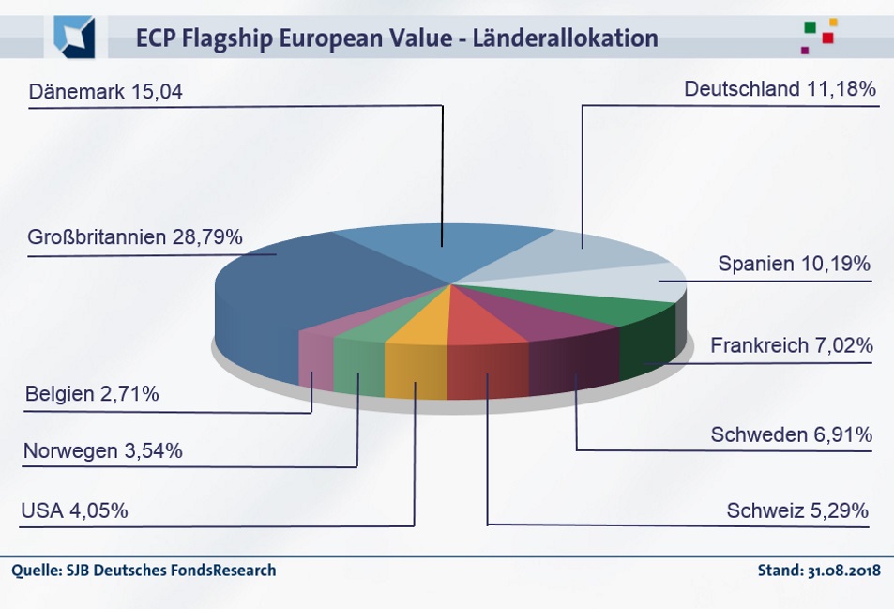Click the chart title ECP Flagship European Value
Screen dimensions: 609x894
pyautogui.click(x=397, y=38)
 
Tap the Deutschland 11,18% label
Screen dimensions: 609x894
pyautogui.click(x=780, y=89)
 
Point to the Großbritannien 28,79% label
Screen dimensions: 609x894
pyautogui.click(x=136, y=237)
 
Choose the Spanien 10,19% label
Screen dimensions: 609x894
pyautogui.click(x=794, y=264)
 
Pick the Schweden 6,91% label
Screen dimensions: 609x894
pyautogui.click(x=792, y=434)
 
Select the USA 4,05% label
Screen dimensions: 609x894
pyautogui.click(x=74, y=511)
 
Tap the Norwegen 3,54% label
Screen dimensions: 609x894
pyautogui.click(x=103, y=451)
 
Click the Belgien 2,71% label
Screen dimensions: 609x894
pyautogui.click(x=92, y=393)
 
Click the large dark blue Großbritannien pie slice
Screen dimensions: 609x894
pyautogui.click(x=300, y=282)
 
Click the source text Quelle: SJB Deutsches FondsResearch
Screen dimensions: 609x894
pyautogui.click(x=144, y=571)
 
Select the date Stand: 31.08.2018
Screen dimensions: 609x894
pyautogui.click(x=818, y=571)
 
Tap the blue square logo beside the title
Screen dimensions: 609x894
pyautogui.click(x=74, y=37)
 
